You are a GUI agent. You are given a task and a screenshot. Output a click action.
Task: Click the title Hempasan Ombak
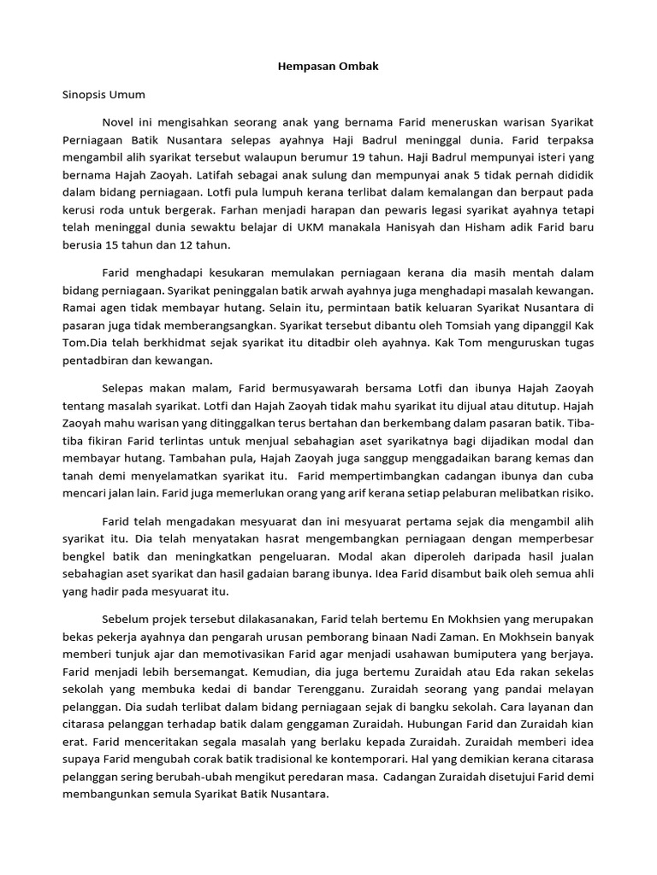coord(328,66)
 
